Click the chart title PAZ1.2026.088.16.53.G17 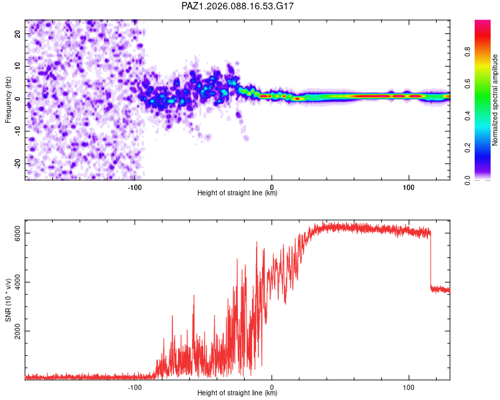pyautogui.click(x=238, y=6)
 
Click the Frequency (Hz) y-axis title pyautogui.click(x=8, y=99)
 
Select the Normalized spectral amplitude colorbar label pyautogui.click(x=495, y=99)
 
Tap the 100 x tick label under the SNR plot pyautogui.click(x=408, y=387)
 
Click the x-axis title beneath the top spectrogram pyautogui.click(x=237, y=193)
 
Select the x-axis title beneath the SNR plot pyautogui.click(x=237, y=394)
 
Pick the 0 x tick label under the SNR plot pyautogui.click(x=272, y=387)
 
